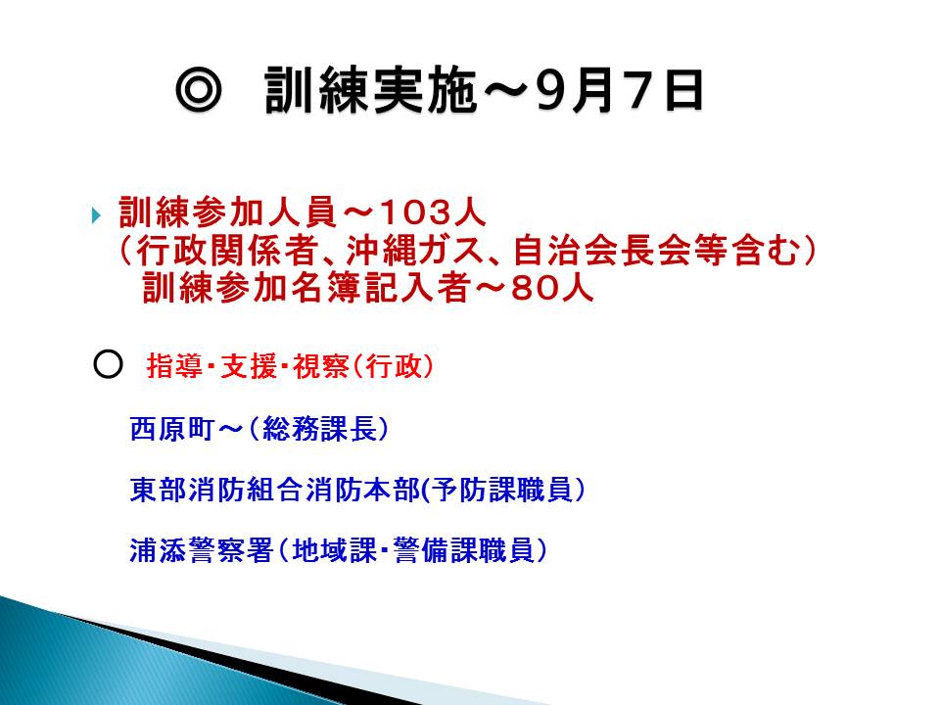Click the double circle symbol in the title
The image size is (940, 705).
click(199, 90)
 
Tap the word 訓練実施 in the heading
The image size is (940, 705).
click(370, 90)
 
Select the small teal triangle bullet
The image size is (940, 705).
click(96, 214)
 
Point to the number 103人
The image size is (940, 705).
click(432, 212)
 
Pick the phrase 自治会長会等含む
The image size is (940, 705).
click(657, 251)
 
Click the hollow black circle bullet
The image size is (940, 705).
click(108, 363)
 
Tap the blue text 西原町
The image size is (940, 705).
click(171, 429)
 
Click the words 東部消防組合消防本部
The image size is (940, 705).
click(275, 490)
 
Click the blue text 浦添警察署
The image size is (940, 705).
click(202, 550)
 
